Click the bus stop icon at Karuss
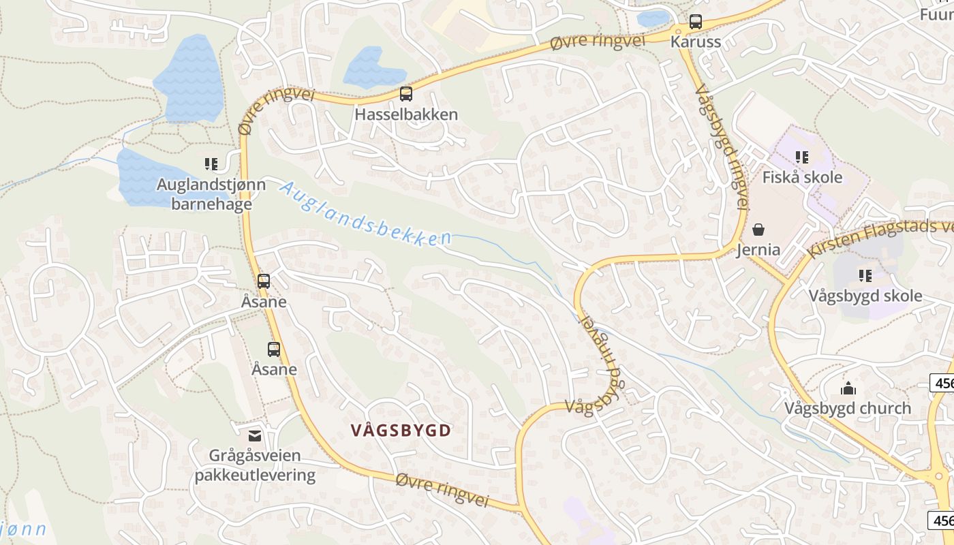point(695,22)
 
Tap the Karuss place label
point(695,42)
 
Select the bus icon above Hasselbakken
point(406,94)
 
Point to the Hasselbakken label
point(406,114)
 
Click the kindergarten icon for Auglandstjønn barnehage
point(211,164)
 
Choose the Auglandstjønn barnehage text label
point(204,194)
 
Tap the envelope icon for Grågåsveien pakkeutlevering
point(255,435)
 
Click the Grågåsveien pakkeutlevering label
point(255,465)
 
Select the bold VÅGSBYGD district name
point(401,431)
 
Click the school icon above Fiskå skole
point(802,157)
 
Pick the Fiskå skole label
point(802,178)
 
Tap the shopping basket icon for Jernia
point(758,230)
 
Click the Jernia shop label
point(758,250)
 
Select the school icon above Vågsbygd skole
point(865,276)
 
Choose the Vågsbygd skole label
point(865,296)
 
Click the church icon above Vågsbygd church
point(848,388)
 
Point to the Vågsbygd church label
point(848,409)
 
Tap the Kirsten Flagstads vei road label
point(879,238)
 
